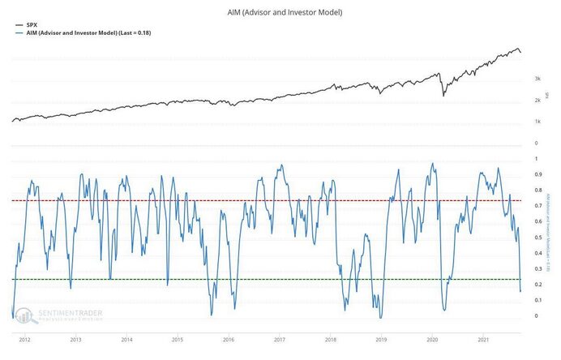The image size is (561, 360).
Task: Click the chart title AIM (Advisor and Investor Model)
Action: (x=280, y=13)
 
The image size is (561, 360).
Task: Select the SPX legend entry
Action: (x=32, y=25)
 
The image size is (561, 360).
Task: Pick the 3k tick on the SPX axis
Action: (x=537, y=79)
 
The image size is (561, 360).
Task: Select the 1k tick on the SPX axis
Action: (x=537, y=122)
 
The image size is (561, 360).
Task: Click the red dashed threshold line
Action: (x=268, y=200)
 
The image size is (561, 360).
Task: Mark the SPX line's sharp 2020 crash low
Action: (x=443, y=96)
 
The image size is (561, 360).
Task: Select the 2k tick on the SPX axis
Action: (x=537, y=101)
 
